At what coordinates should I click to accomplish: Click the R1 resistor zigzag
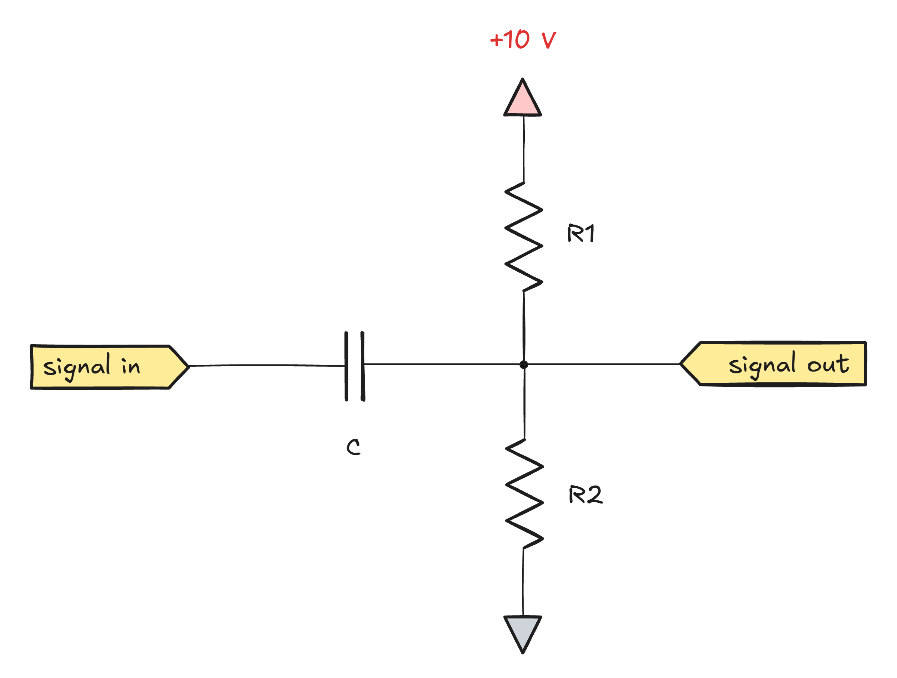(x=524, y=237)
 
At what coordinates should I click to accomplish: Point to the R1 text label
(x=580, y=233)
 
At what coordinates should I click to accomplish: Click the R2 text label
(x=586, y=495)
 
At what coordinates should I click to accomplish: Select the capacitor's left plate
(x=346, y=366)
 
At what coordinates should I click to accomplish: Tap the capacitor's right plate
(x=363, y=366)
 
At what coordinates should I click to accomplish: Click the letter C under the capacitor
(x=353, y=447)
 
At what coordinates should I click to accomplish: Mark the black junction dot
(x=524, y=364)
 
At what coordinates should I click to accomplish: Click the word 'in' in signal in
(x=130, y=367)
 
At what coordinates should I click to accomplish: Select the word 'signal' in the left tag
(x=76, y=367)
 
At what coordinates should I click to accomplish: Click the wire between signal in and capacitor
(x=268, y=366)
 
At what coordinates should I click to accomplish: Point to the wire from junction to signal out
(x=604, y=364)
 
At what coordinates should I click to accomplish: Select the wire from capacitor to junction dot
(x=442, y=364)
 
